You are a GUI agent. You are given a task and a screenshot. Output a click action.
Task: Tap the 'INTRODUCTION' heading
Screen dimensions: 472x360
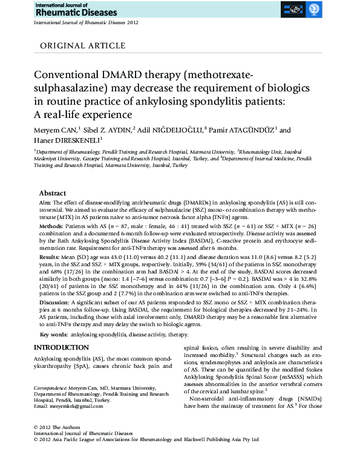[x=61, y=347]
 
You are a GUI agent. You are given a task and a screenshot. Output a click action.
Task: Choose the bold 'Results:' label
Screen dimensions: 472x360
[x=50, y=257]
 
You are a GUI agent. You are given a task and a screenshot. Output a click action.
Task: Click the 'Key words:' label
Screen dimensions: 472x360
[x=53, y=335]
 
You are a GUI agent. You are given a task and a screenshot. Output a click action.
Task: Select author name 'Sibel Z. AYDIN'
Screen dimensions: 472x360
[x=105, y=129]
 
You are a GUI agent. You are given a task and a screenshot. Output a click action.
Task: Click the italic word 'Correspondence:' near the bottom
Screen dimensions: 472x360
[x=50, y=386]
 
